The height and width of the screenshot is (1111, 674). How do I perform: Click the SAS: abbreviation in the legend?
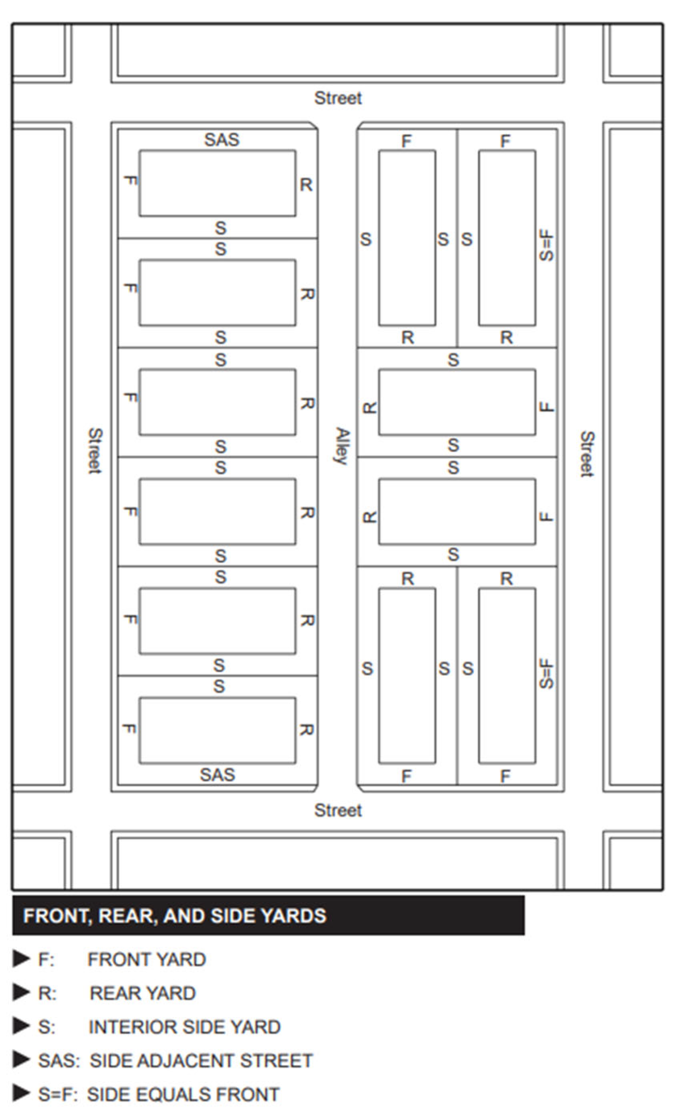58,1061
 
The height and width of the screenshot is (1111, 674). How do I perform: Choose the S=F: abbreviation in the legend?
57,1095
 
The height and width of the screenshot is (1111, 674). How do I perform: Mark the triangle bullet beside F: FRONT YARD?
21,959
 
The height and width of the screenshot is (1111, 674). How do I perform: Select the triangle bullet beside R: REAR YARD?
21,993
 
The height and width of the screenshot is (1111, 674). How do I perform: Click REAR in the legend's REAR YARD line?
113,993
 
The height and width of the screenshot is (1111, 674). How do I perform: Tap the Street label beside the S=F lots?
586,454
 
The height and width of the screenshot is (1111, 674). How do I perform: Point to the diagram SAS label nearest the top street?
221,140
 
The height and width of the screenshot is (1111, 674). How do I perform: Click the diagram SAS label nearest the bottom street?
217,775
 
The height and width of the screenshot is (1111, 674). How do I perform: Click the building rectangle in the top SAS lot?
217,183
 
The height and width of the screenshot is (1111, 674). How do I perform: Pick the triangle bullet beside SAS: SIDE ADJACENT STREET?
21,1061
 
